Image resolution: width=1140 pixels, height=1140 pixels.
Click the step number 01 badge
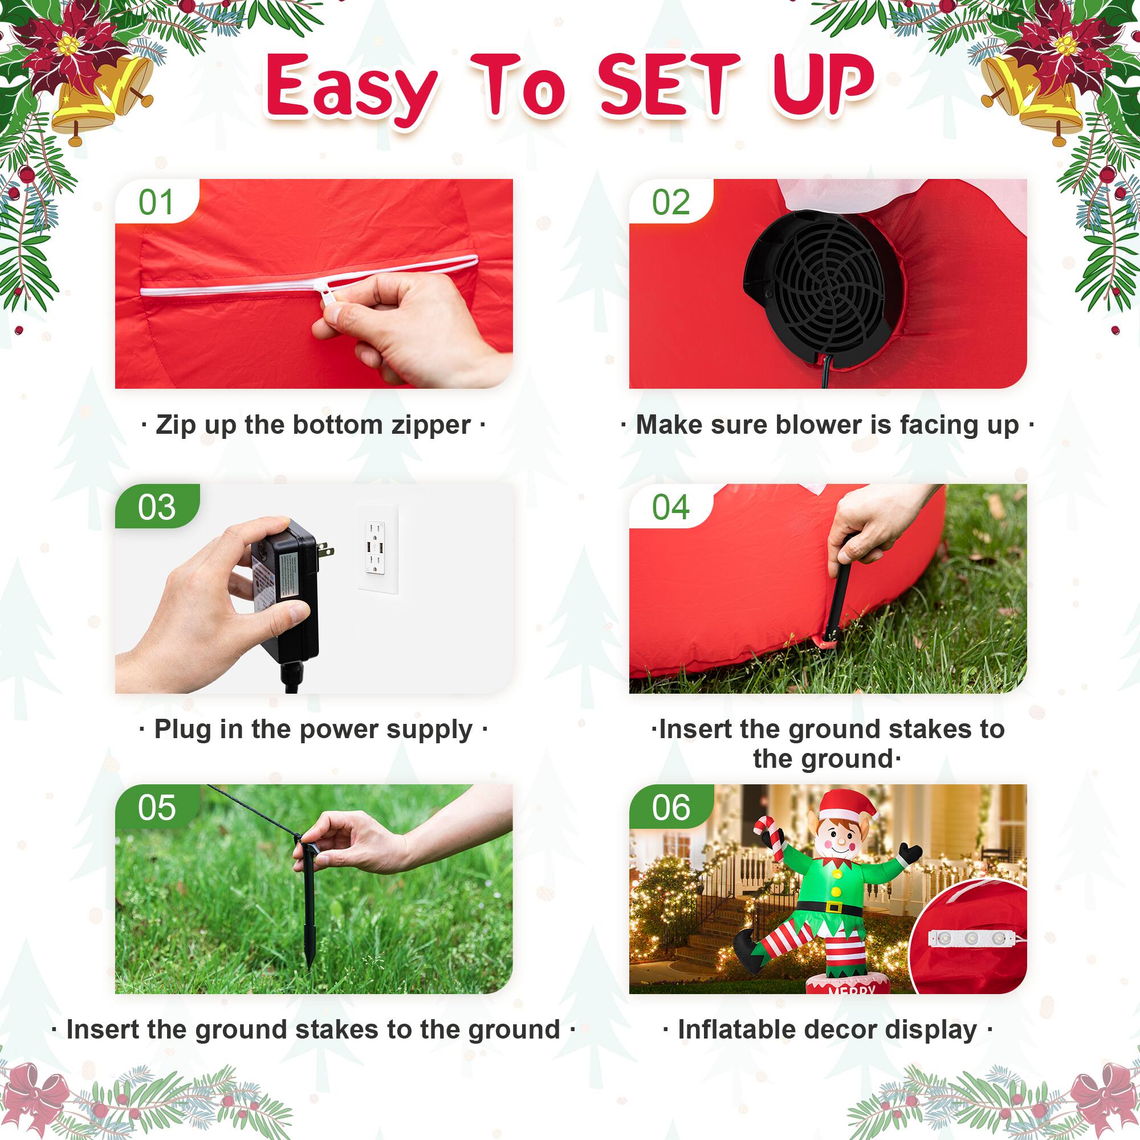156,202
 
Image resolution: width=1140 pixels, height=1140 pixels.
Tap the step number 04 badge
670,507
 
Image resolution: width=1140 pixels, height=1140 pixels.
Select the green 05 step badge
156,807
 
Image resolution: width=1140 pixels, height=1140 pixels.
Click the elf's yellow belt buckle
834,907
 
